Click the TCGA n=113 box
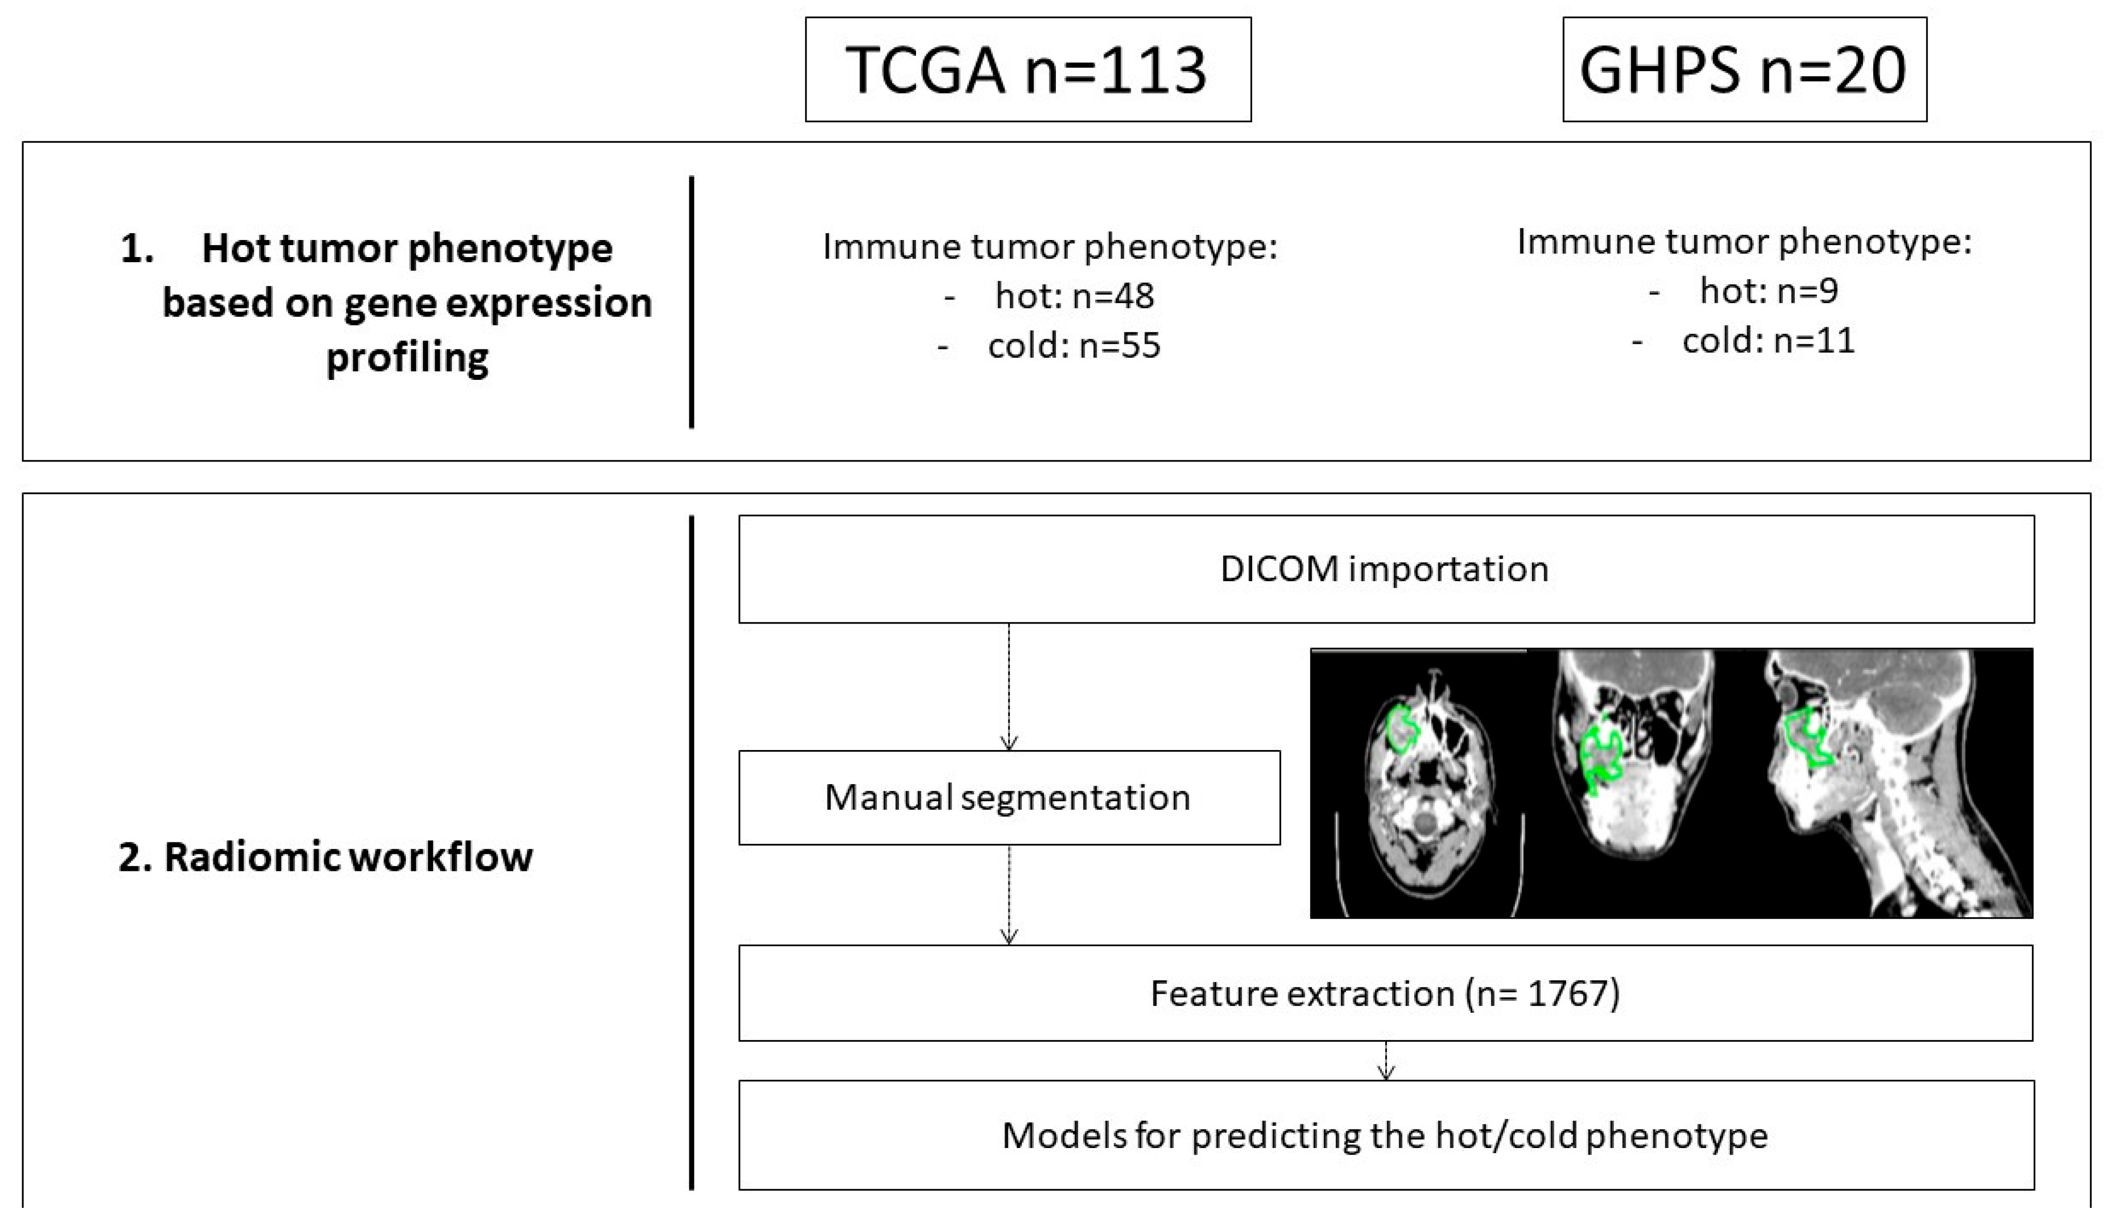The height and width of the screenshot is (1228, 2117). pyautogui.click(x=1028, y=70)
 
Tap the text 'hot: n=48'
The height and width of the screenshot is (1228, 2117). pyautogui.click(x=1073, y=296)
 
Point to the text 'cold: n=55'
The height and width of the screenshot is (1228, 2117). pyautogui.click(x=1073, y=345)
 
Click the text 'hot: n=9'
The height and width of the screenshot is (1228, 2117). pyautogui.click(x=1768, y=291)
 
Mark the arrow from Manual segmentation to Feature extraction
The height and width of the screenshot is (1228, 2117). pyautogui.click(x=1009, y=895)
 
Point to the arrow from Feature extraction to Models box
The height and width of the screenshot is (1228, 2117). pyautogui.click(x=1386, y=1060)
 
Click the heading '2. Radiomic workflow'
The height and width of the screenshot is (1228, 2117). pyautogui.click(x=325, y=857)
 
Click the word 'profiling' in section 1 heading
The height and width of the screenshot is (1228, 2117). pyautogui.click(x=407, y=357)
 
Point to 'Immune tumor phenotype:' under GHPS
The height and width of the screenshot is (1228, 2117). pyautogui.click(x=1744, y=242)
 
